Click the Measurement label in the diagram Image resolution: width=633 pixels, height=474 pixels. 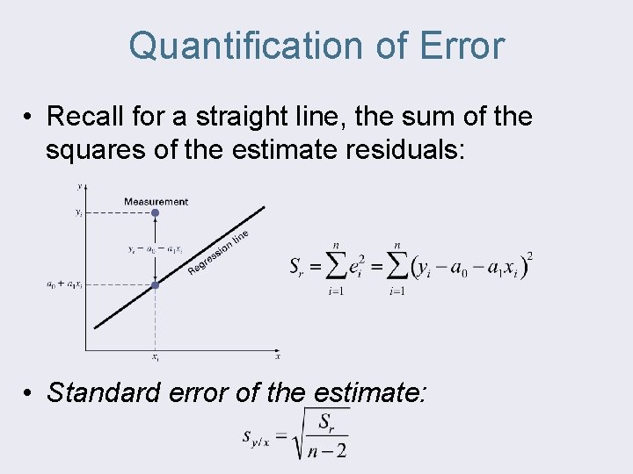click(x=156, y=202)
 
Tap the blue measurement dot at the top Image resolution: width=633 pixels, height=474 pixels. click(x=155, y=213)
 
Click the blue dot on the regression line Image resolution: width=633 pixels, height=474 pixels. click(x=155, y=284)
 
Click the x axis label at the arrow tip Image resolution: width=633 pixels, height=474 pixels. click(x=278, y=355)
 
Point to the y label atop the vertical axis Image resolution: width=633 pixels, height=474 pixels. click(x=81, y=186)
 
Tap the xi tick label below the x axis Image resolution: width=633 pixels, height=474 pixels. click(x=155, y=358)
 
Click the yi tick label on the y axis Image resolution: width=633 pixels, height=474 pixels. click(x=78, y=213)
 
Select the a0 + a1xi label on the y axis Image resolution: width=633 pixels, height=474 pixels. click(x=63, y=284)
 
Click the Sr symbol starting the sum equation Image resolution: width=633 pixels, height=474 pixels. click(x=297, y=268)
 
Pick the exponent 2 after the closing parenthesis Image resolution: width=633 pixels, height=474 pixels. click(x=528, y=256)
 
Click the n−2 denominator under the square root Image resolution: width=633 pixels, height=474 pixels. click(x=328, y=450)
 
